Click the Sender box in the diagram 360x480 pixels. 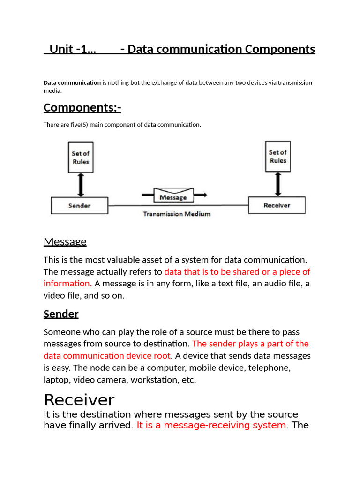(79, 205)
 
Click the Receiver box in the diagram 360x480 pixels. (277, 205)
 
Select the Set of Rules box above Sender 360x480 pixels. (80, 157)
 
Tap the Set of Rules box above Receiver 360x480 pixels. (277, 157)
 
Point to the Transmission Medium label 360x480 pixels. (177, 214)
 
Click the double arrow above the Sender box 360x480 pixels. (80, 184)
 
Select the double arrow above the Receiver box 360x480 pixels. (278, 184)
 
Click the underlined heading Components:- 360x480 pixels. (82, 107)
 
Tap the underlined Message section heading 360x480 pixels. (65, 242)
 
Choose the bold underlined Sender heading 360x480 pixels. (61, 314)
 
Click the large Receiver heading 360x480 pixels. (79, 400)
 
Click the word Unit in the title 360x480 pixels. (60, 49)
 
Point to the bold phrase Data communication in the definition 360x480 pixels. (72, 83)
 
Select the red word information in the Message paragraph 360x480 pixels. (67, 284)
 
